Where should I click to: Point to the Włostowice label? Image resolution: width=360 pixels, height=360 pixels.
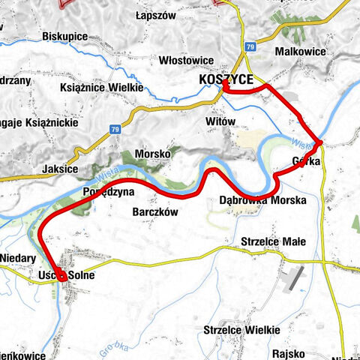184,60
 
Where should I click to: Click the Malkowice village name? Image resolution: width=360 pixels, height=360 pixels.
299,52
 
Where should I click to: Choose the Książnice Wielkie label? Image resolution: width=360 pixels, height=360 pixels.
101,88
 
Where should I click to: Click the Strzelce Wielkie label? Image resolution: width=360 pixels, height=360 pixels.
241,330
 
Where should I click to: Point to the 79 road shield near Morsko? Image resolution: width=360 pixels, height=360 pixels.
115,129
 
